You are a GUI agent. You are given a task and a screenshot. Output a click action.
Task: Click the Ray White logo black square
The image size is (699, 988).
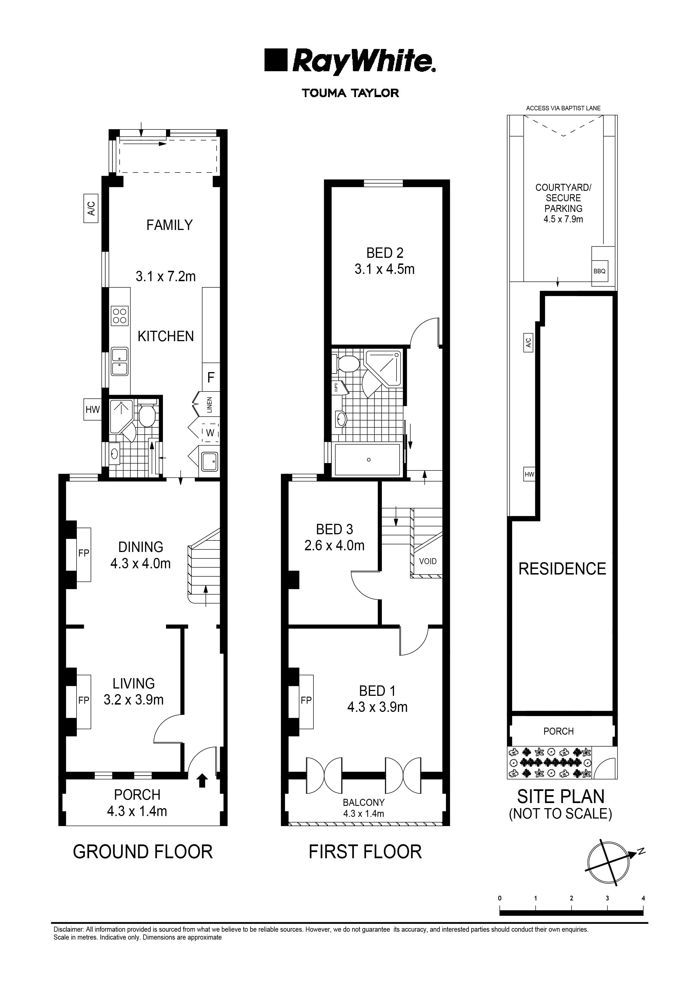point(275,60)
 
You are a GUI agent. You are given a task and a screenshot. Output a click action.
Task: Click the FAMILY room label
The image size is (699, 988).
point(169,225)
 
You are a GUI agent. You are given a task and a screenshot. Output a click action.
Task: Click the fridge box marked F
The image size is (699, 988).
point(211,377)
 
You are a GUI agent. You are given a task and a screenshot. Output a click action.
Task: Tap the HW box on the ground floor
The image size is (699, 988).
point(92,409)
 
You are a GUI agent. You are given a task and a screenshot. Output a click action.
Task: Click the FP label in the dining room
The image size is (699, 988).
point(84,553)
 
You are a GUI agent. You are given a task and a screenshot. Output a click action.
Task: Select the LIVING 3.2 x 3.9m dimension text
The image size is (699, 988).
point(133,699)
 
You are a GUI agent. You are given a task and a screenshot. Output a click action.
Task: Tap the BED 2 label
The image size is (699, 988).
point(385,253)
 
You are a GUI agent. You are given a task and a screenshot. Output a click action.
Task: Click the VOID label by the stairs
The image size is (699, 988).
point(427,561)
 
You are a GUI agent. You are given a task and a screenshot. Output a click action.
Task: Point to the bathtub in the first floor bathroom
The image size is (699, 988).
point(368,459)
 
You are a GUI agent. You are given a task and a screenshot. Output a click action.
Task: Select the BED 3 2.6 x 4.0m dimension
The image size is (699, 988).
point(334,546)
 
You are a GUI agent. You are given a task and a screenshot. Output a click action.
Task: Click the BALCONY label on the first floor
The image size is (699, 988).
point(364,803)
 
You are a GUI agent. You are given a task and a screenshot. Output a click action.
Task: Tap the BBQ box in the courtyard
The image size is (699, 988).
point(599,271)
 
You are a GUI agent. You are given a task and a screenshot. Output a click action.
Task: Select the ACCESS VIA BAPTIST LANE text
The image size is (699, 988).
point(563,108)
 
